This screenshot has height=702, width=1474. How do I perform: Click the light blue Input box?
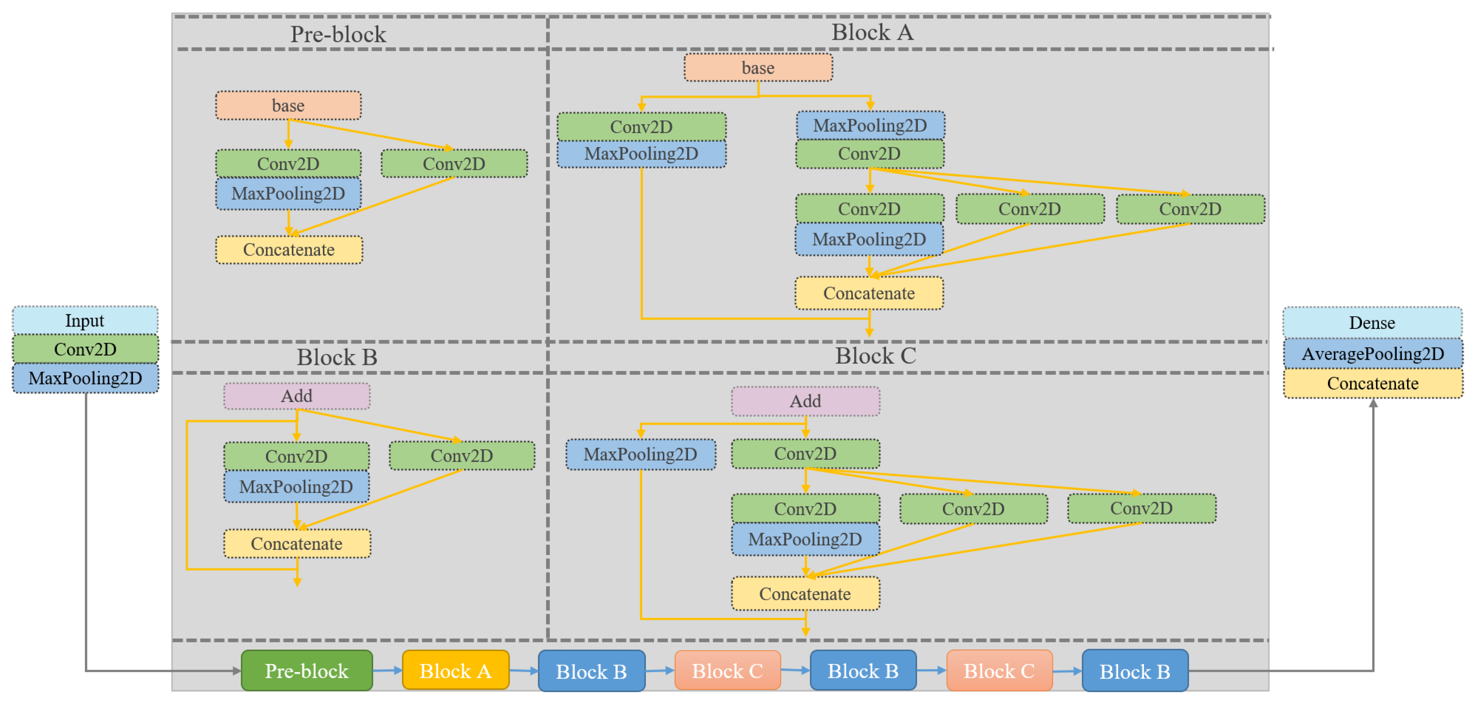85,320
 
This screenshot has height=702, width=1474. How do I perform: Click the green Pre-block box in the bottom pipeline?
306,670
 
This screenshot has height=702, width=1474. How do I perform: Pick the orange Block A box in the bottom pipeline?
455,670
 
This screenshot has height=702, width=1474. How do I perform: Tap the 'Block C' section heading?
875,356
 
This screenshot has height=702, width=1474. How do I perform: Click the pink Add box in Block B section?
296,396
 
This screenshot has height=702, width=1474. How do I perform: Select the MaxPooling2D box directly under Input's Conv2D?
85,378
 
